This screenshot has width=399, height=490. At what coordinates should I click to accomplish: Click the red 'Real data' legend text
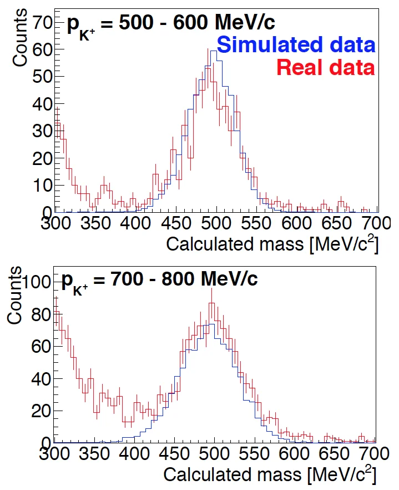[x=325, y=67]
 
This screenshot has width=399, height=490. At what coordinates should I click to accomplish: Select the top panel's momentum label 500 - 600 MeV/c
[x=171, y=24]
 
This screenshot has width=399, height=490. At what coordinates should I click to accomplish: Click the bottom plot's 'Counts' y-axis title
[x=15, y=296]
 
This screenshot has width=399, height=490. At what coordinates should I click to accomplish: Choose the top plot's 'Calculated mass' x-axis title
[x=272, y=244]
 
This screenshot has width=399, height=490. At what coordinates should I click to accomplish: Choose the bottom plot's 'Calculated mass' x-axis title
[x=269, y=476]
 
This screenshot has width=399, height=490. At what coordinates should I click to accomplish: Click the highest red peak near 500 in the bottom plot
[x=211, y=304]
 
